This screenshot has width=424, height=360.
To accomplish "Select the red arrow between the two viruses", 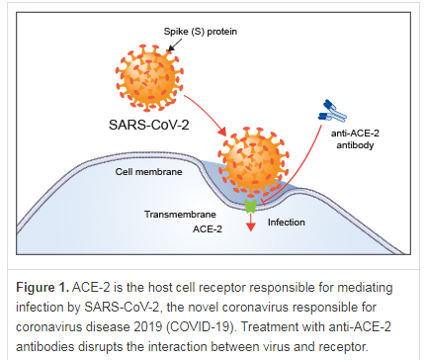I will [x=207, y=111].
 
